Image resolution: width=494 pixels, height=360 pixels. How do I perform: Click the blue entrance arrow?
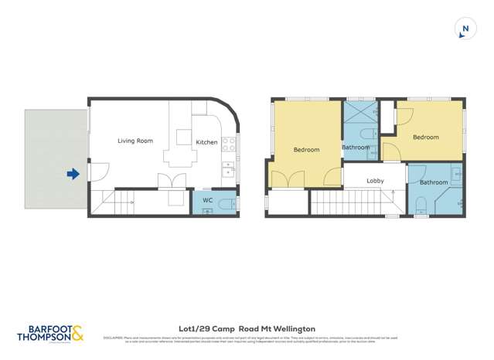click(x=73, y=174)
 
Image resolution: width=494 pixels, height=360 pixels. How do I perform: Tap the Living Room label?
click(x=135, y=141)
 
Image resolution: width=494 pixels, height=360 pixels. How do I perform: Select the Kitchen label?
click(x=206, y=142)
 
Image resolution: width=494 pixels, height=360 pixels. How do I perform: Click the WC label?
click(x=207, y=201)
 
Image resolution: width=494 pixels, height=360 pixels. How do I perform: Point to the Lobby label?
click(x=375, y=181)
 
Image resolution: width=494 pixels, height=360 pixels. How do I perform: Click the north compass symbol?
click(x=465, y=29)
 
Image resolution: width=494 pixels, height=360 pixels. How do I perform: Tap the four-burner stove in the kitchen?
click(x=229, y=144)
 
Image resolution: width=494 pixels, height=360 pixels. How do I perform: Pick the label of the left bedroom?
click(x=306, y=150)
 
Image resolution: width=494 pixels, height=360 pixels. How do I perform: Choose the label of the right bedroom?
click(x=425, y=138)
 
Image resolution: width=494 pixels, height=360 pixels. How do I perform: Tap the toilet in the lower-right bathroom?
click(x=421, y=205)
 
